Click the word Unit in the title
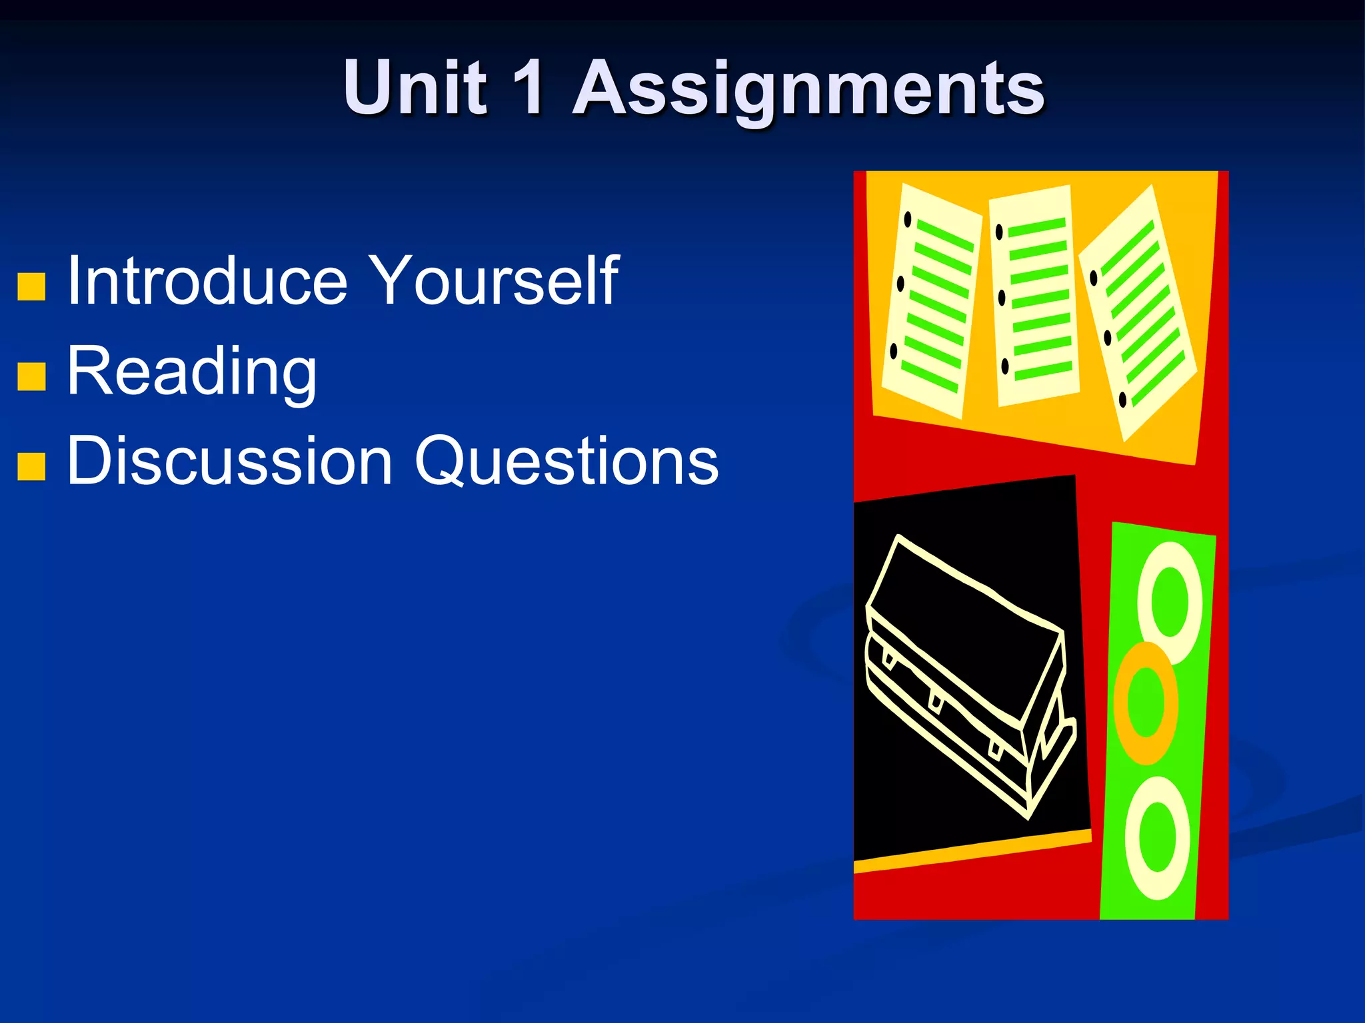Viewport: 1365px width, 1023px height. click(x=415, y=87)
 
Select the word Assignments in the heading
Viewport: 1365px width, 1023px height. click(x=808, y=90)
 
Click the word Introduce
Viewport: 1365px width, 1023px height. click(x=207, y=281)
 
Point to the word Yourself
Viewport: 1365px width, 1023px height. click(x=493, y=281)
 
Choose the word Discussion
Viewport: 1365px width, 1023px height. click(x=230, y=461)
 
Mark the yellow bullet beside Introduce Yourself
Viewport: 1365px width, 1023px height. click(x=31, y=287)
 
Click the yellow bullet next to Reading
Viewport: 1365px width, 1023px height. click(x=31, y=376)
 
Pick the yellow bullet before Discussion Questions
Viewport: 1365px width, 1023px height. click(x=31, y=466)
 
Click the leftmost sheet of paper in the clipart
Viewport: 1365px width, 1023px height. click(x=932, y=300)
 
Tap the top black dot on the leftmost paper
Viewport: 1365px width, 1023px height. click(x=907, y=219)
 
